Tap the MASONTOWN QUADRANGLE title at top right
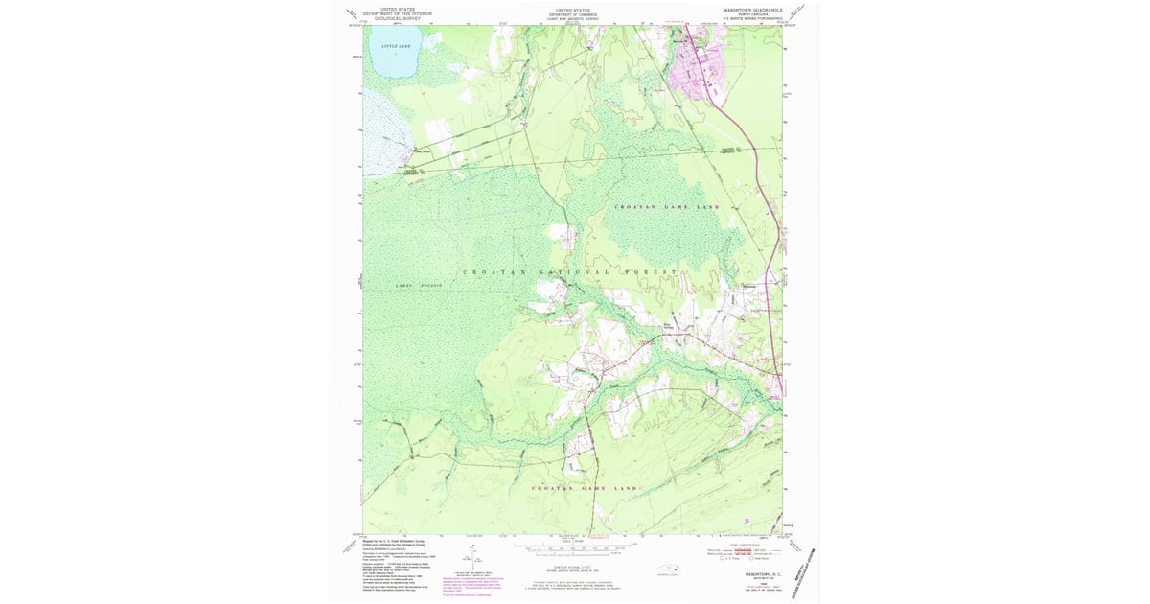tap(752, 9)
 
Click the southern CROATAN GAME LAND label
tap(584, 489)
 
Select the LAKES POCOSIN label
tap(419, 286)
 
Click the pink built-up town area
tap(700, 68)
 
